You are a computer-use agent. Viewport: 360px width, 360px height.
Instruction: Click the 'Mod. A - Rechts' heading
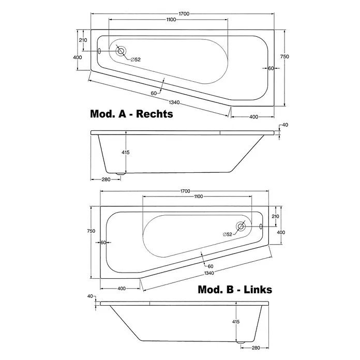[x=131, y=114]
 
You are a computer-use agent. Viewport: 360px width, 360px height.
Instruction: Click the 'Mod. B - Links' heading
[x=235, y=290]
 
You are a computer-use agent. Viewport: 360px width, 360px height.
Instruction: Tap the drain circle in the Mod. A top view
[x=121, y=51]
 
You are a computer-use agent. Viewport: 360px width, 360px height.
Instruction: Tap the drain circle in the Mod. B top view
[x=241, y=227]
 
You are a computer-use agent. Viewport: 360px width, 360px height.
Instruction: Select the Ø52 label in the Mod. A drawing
[x=136, y=59]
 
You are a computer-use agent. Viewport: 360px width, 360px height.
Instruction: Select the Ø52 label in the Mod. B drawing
[x=228, y=234]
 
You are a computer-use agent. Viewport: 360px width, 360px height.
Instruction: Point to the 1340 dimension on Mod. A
[x=174, y=102]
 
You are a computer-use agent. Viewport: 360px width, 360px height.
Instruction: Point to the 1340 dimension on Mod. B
[x=209, y=273]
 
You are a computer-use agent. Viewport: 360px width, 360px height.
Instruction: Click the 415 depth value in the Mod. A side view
[x=126, y=152]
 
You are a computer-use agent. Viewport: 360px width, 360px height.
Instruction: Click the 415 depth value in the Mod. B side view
[x=236, y=322]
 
